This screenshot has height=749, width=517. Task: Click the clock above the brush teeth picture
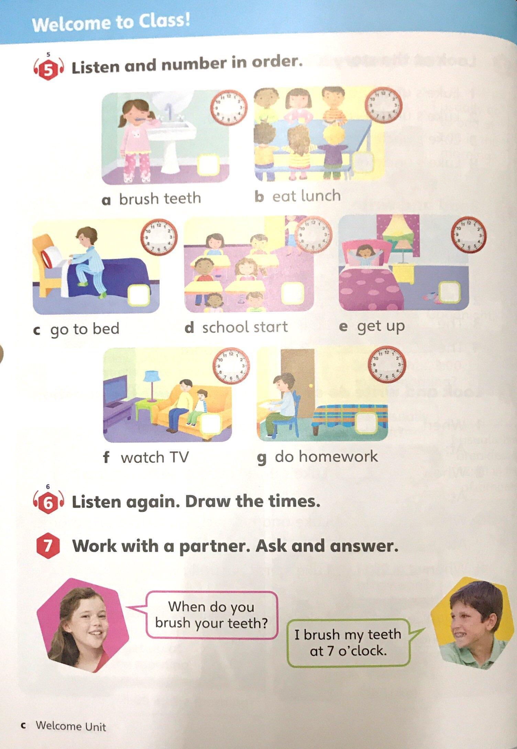[229, 107]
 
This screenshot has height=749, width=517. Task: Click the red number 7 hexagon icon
[48, 546]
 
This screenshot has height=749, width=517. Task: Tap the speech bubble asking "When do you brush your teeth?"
[211, 615]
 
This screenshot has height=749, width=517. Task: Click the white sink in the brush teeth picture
[175, 138]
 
